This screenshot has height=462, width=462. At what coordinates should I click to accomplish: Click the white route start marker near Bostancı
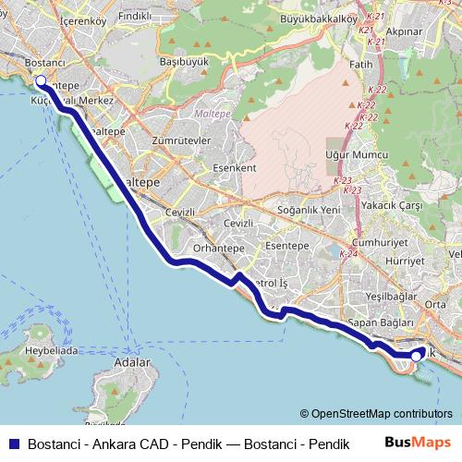[x=41, y=80]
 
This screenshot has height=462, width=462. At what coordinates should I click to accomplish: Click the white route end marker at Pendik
[x=417, y=353]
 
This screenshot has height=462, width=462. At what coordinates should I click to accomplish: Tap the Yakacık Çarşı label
[x=390, y=205]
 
